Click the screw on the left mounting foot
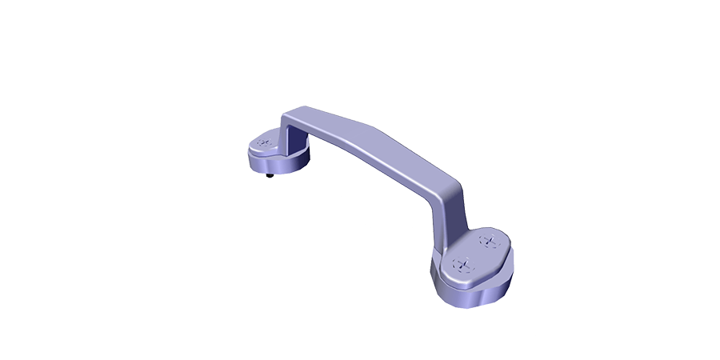(x=263, y=144)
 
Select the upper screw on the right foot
(x=486, y=240)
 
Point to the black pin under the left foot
(x=270, y=175)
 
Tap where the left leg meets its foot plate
(x=286, y=146)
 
